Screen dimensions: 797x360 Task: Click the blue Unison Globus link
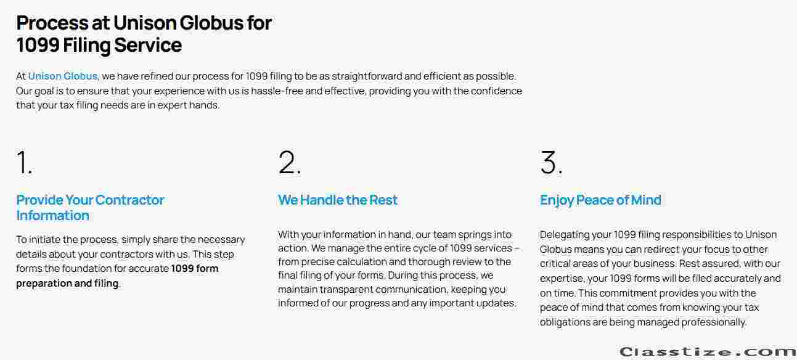coord(63,76)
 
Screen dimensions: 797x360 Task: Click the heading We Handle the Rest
coord(338,200)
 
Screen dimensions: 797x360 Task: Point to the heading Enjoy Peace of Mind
coord(600,200)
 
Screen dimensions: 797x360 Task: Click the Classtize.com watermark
coord(708,352)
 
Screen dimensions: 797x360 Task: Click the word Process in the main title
coord(52,23)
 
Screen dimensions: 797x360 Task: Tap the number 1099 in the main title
coord(38,46)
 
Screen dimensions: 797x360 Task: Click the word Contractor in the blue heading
coord(129,200)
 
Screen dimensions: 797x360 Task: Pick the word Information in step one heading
coord(52,216)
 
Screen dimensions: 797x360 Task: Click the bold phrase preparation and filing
coord(67,283)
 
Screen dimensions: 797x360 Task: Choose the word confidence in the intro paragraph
coord(496,91)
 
